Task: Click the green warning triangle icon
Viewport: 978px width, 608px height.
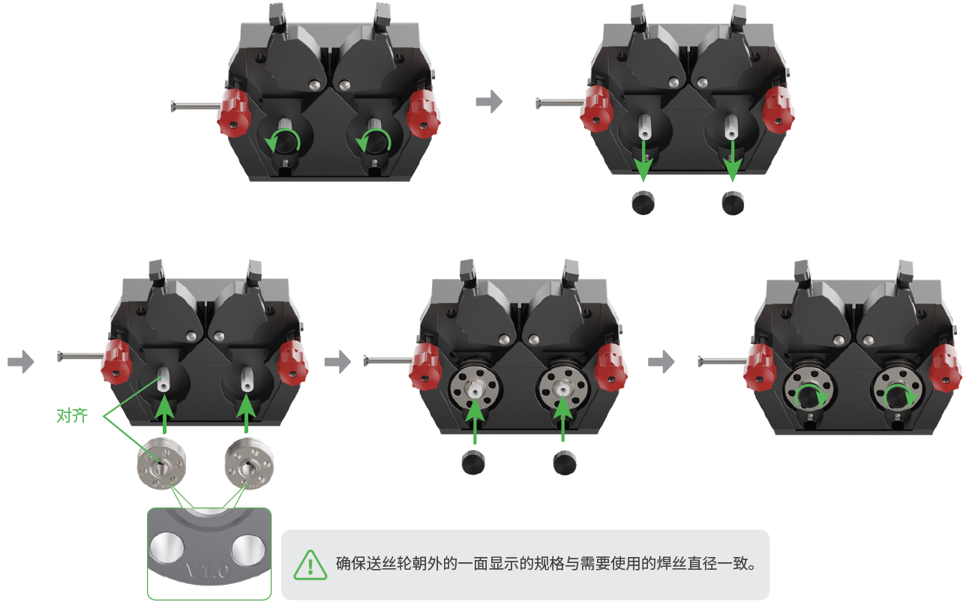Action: pos(310,565)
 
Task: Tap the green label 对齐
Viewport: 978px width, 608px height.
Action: pos(72,415)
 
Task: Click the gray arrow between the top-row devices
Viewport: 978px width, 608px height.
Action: pos(489,102)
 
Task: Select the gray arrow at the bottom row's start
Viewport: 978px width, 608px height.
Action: pos(21,362)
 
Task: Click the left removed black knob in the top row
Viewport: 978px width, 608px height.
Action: pos(643,202)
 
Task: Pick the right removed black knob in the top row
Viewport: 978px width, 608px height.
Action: pos(733,202)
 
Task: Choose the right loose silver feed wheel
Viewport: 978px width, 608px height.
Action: pos(249,463)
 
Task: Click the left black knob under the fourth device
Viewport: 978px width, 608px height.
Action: pos(472,463)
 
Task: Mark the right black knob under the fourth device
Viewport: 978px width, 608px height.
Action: pos(565,463)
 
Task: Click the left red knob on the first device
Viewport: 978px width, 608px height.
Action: pos(233,113)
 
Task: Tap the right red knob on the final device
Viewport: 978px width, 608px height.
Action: pos(945,369)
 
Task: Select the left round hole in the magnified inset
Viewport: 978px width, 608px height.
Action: pos(166,547)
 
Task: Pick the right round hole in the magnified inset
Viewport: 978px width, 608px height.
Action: pos(248,549)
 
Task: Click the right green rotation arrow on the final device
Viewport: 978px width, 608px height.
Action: pos(901,397)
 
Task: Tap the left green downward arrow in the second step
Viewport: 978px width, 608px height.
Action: pos(643,160)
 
